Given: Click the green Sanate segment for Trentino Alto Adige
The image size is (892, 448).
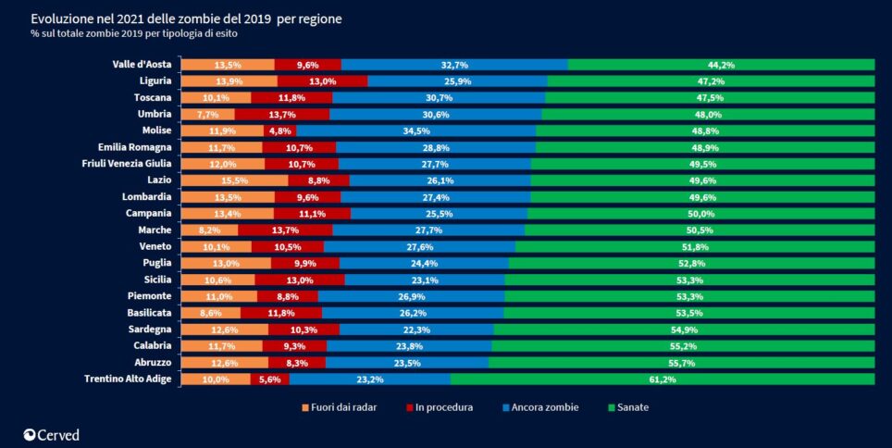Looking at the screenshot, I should [x=663, y=379].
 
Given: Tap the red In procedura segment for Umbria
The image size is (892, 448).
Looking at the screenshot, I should [x=282, y=114].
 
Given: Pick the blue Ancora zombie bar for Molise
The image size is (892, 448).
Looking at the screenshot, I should [x=416, y=131].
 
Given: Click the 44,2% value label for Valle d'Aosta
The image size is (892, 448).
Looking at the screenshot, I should [x=721, y=65].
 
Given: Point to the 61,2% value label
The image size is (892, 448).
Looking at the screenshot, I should [x=663, y=379].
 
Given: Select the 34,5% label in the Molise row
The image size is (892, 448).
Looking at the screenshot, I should [x=416, y=131].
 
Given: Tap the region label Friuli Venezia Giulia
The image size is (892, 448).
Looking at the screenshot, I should [x=127, y=164].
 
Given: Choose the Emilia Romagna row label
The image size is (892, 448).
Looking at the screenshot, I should [x=135, y=147].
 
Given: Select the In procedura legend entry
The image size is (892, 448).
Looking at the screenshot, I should [x=439, y=407].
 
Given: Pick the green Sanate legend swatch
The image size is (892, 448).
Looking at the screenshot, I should [x=612, y=407].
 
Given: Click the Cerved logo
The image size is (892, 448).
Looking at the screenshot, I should [x=52, y=434].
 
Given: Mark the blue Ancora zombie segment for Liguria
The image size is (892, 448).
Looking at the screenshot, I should [x=457, y=81].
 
